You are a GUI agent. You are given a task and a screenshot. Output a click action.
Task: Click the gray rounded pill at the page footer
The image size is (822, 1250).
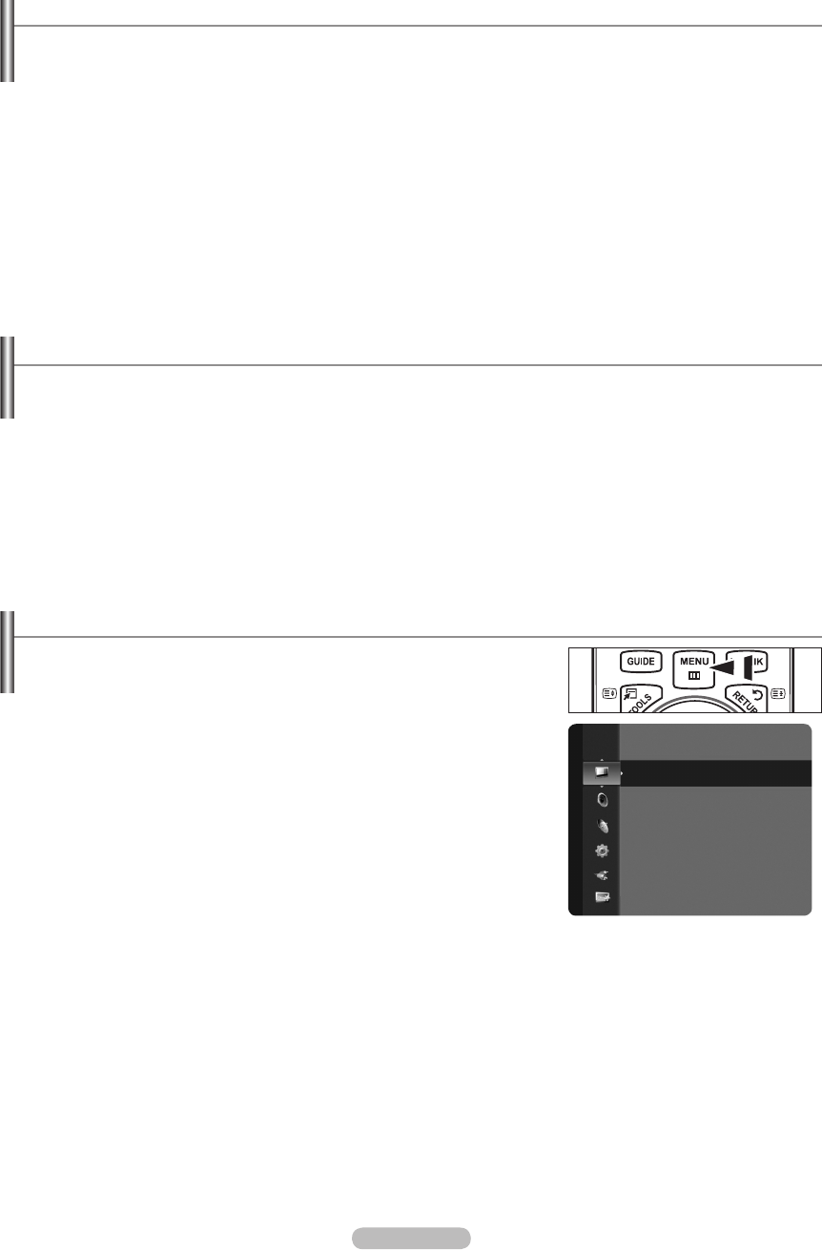pyautogui.click(x=410, y=1238)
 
